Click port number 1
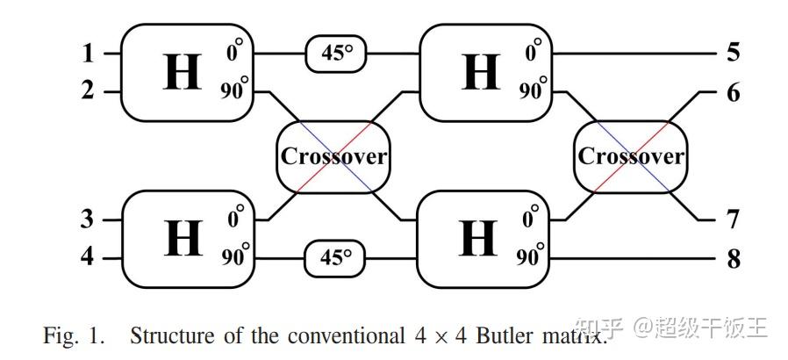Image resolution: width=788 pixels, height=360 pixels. pyautogui.click(x=88, y=54)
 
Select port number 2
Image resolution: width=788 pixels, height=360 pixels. pyautogui.click(x=88, y=90)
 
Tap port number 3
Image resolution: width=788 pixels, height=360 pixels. pyautogui.click(x=88, y=219)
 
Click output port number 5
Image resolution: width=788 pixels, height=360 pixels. pyautogui.click(x=733, y=53)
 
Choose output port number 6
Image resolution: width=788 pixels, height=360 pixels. pyautogui.click(x=733, y=91)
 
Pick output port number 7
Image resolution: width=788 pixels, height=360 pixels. pyautogui.click(x=733, y=220)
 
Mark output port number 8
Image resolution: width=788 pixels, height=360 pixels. pyautogui.click(x=733, y=258)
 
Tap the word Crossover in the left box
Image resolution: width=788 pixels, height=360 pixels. pyautogui.click(x=333, y=156)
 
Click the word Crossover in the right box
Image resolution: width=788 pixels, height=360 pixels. pyautogui.click(x=631, y=156)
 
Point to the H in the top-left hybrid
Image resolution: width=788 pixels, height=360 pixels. pyautogui.click(x=182, y=72)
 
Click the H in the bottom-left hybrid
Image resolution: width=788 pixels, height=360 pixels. pyautogui.click(x=182, y=238)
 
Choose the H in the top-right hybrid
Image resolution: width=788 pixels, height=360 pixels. pyautogui.click(x=480, y=72)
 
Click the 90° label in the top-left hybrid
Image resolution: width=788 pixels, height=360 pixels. pyautogui.click(x=234, y=90)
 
